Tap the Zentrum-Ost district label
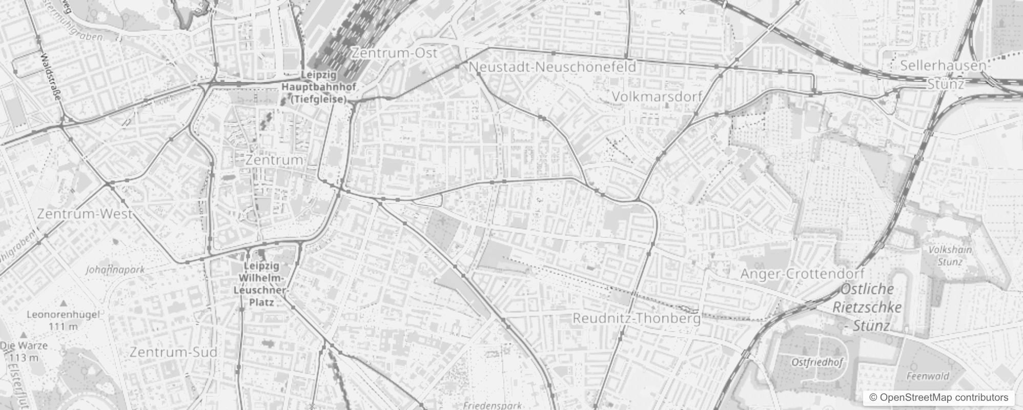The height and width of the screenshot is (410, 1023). pyautogui.click(x=394, y=53)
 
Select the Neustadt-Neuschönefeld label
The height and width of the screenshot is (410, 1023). pyautogui.click(x=552, y=67)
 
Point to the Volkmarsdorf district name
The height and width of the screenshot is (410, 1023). pyautogui.click(x=657, y=96)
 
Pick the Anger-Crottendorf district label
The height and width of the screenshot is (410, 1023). pyautogui.click(x=802, y=274)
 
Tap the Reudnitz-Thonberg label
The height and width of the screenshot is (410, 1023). pyautogui.click(x=636, y=318)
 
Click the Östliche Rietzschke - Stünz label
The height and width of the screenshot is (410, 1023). pyautogui.click(x=867, y=307)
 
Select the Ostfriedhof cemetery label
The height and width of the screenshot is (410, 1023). pyautogui.click(x=817, y=362)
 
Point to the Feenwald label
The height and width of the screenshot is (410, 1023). pyautogui.click(x=928, y=376)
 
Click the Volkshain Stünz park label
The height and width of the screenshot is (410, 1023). pyautogui.click(x=950, y=256)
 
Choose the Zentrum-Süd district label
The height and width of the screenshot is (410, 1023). pyautogui.click(x=173, y=352)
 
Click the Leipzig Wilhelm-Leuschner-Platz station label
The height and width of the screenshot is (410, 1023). pyautogui.click(x=261, y=284)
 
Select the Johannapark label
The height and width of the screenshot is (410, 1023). pyautogui.click(x=115, y=269)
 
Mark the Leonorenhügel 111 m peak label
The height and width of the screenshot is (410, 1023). pyautogui.click(x=63, y=320)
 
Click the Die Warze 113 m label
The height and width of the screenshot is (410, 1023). pyautogui.click(x=24, y=351)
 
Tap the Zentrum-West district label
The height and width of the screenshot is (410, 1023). pyautogui.click(x=85, y=213)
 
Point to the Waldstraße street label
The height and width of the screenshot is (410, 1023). pyautogui.click(x=51, y=77)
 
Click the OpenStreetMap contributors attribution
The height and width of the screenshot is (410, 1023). pyautogui.click(x=937, y=398)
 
